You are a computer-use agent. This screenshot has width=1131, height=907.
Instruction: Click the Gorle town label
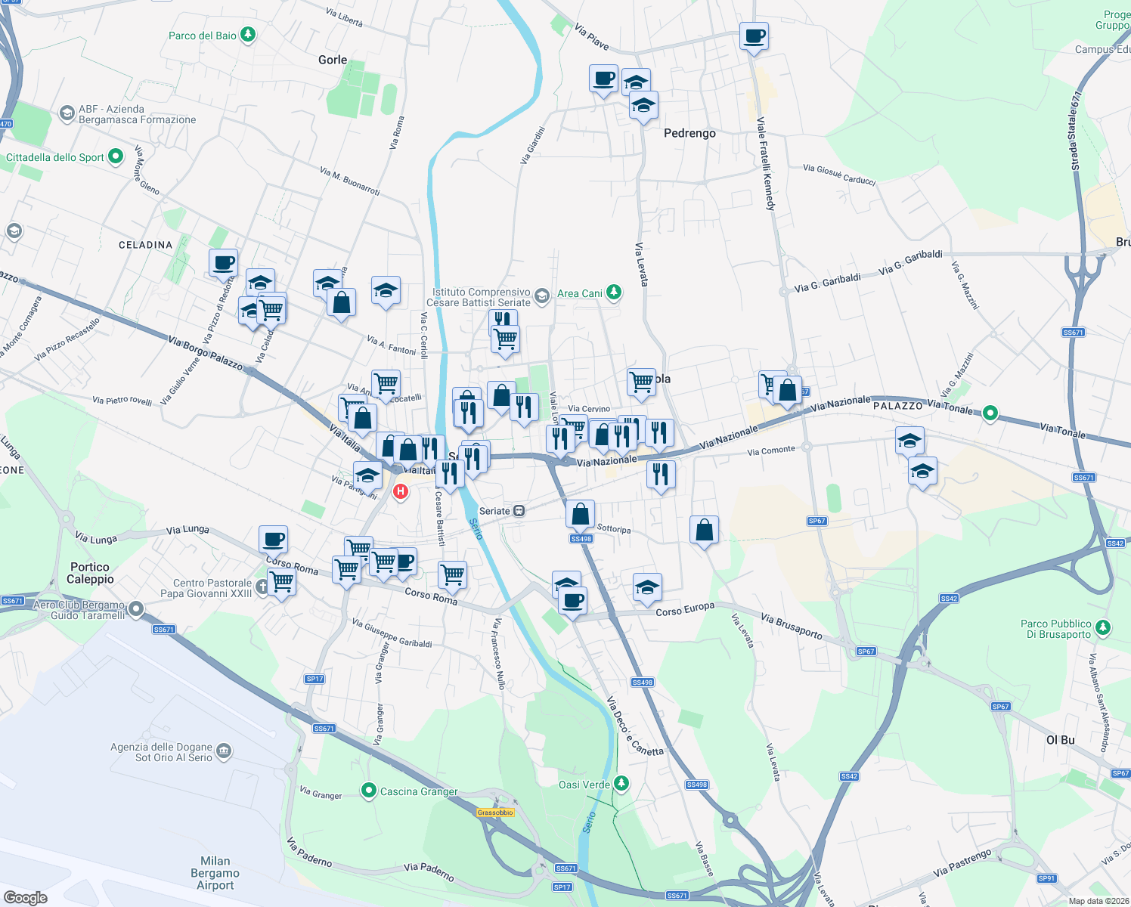pyautogui.click(x=333, y=60)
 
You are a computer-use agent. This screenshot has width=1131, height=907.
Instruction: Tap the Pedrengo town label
pyautogui.click(x=689, y=133)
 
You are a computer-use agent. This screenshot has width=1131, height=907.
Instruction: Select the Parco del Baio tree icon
pyautogui.click(x=247, y=35)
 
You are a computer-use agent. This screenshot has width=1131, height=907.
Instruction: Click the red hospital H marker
pyautogui.click(x=401, y=492)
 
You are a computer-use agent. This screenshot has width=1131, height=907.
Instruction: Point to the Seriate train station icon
pyautogui.click(x=519, y=511)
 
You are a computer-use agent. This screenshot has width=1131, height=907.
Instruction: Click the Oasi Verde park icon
pyautogui.click(x=621, y=784)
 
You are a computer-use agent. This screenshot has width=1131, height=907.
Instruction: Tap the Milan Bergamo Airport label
pyautogui.click(x=215, y=873)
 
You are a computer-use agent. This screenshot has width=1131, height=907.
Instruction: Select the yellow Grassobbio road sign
pyautogui.click(x=495, y=813)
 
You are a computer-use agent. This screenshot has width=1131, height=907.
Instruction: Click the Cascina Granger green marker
pyautogui.click(x=369, y=791)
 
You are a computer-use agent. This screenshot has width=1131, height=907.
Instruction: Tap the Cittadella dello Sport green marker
pyautogui.click(x=116, y=156)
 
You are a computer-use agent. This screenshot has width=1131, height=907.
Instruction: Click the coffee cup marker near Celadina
pyautogui.click(x=223, y=263)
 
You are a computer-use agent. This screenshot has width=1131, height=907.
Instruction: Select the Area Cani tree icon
pyautogui.click(x=614, y=293)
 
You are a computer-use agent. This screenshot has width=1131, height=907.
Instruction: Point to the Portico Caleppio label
pyautogui.click(x=90, y=573)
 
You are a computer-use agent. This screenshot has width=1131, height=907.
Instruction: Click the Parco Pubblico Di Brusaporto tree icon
pyautogui.click(x=1103, y=628)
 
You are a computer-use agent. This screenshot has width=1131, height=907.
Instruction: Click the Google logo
pyautogui.click(x=26, y=897)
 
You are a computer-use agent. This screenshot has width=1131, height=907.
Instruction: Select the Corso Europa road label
pyautogui.click(x=685, y=609)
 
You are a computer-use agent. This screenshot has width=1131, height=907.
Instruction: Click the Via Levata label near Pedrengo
pyautogui.click(x=641, y=265)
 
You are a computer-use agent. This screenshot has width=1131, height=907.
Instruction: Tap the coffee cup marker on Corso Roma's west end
pyautogui.click(x=273, y=540)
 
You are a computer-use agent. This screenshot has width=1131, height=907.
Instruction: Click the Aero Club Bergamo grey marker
pyautogui.click(x=135, y=608)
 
